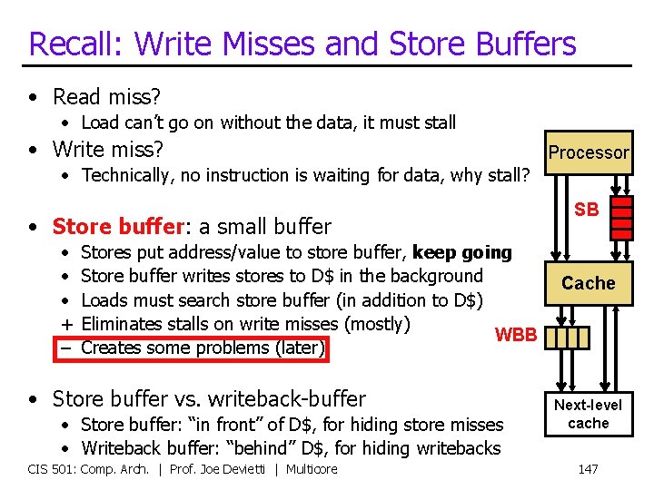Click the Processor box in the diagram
coord(588,152)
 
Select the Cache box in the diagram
coord(588,283)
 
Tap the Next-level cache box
coord(588,414)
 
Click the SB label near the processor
coord(587,210)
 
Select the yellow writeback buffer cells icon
coord(570,338)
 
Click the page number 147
coord(588,469)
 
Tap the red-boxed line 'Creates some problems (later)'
coord(203,348)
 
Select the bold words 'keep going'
coord(461,252)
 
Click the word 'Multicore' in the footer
coord(311,469)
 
